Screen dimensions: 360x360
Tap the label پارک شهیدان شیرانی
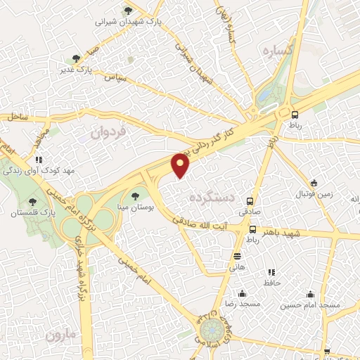pos(128,22)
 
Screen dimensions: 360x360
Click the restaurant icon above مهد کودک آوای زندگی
pos(39,160)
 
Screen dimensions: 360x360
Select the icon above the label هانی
pos(236,257)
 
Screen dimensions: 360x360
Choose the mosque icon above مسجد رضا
pos(242,293)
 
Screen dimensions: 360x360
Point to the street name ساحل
pos(19,117)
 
